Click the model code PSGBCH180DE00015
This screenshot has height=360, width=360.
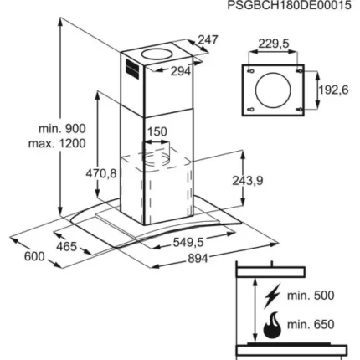[289, 5]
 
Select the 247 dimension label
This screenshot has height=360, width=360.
[208, 39]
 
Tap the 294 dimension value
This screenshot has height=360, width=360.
[181, 71]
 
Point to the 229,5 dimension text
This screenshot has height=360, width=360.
[274, 44]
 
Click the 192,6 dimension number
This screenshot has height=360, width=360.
[333, 90]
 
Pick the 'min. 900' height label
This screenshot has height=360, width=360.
[62, 129]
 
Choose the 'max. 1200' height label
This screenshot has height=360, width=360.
[57, 143]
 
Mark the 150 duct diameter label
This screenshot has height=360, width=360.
[157, 131]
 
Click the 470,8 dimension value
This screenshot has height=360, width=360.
[100, 173]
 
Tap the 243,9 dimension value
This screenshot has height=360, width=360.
[248, 181]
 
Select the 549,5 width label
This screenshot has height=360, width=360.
[188, 242]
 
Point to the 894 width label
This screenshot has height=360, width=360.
[198, 259]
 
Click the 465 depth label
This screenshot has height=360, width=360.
[66, 246]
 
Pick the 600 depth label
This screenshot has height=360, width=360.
[34, 256]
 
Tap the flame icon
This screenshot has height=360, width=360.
[272, 326]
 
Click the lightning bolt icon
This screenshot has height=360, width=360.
[272, 296]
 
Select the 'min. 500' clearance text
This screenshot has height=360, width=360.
[311, 296]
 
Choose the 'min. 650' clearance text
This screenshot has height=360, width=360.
[311, 324]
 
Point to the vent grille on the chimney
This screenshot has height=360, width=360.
[131, 69]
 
